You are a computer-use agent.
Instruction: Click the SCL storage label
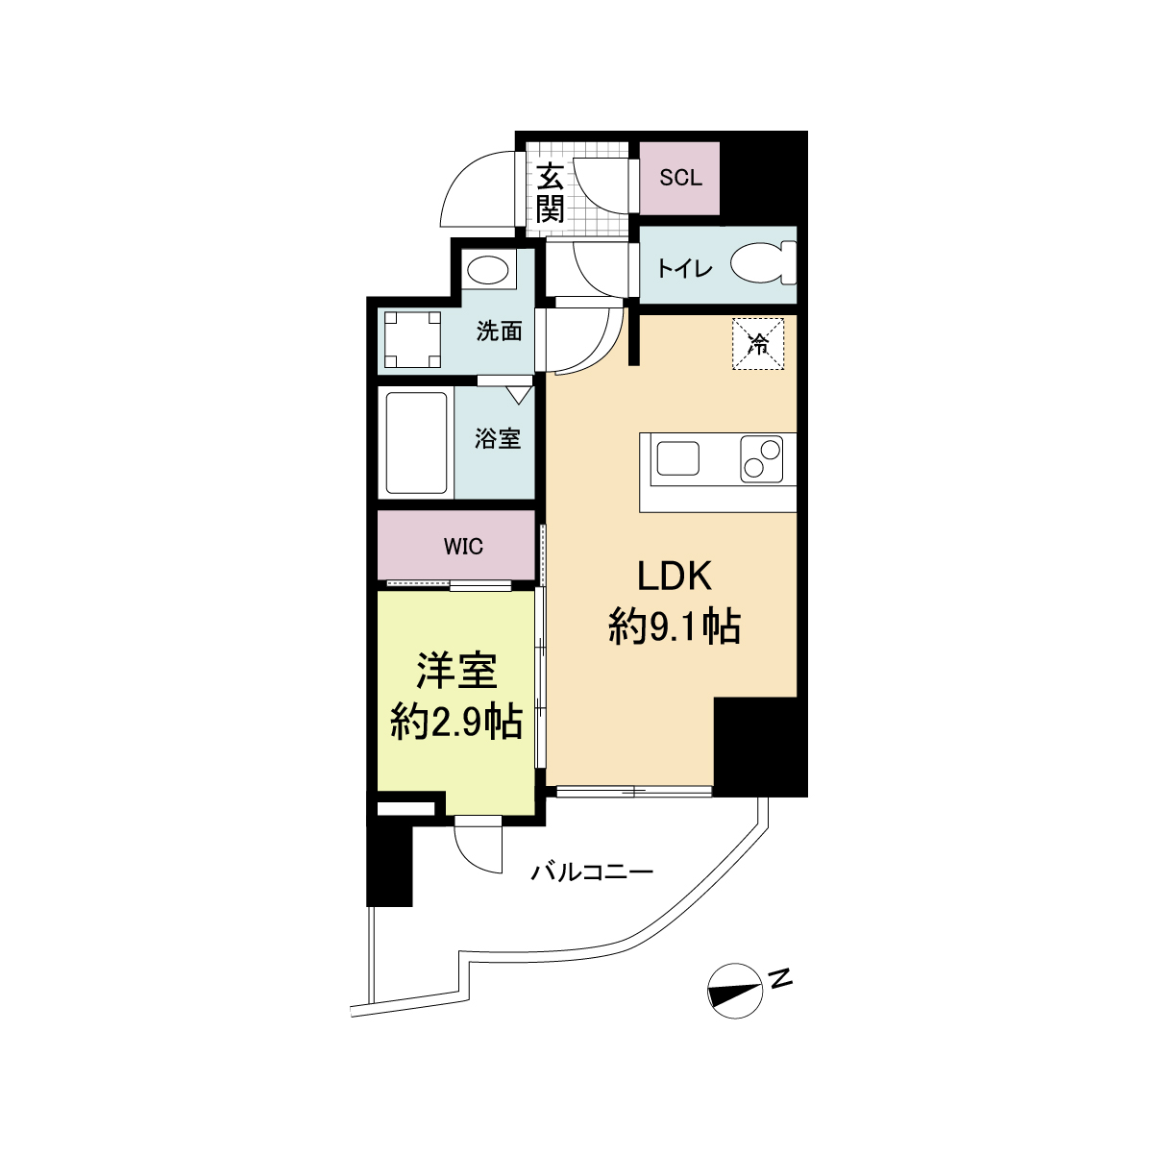pos(680,178)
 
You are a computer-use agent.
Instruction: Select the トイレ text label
pos(684,269)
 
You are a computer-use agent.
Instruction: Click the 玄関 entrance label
pos(550,193)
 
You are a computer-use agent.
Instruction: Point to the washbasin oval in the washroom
pos(488,271)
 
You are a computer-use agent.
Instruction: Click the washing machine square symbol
pos(412,339)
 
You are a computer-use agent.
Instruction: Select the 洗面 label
pos(499,331)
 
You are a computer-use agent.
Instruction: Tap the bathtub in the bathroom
pos(416,443)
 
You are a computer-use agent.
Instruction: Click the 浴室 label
pos(498,439)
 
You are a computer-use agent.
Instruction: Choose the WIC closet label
pos(463,546)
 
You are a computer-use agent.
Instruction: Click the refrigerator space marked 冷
pos(757,344)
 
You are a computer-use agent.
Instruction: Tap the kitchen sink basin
pos(678,458)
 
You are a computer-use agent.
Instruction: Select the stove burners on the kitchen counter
pos(761,459)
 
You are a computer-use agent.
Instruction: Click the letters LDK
pos(674,577)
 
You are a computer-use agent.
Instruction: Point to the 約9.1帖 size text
pos(675,627)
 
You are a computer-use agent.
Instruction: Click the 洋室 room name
pos(457,671)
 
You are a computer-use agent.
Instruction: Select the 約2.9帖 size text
pos(456,723)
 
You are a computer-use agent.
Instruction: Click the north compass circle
pos(735,991)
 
